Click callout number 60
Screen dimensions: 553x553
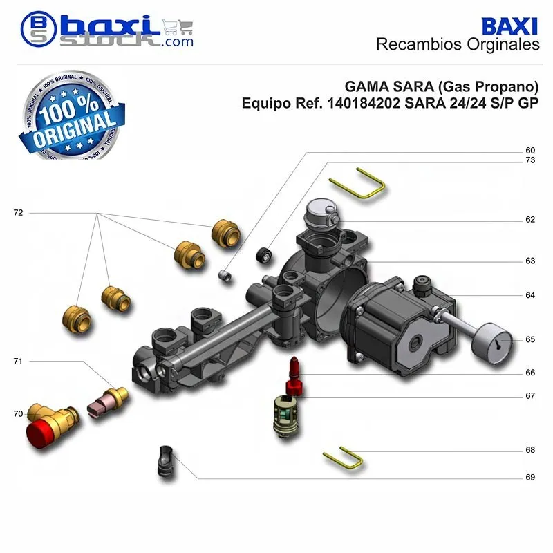530,150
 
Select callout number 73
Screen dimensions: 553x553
530,160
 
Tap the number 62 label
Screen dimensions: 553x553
530,220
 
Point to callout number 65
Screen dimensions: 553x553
530,339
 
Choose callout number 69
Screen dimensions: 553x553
530,477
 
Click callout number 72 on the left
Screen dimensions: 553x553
18,213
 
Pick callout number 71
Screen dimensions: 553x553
18,361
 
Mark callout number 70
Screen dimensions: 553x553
18,413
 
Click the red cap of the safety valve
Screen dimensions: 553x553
39,431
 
